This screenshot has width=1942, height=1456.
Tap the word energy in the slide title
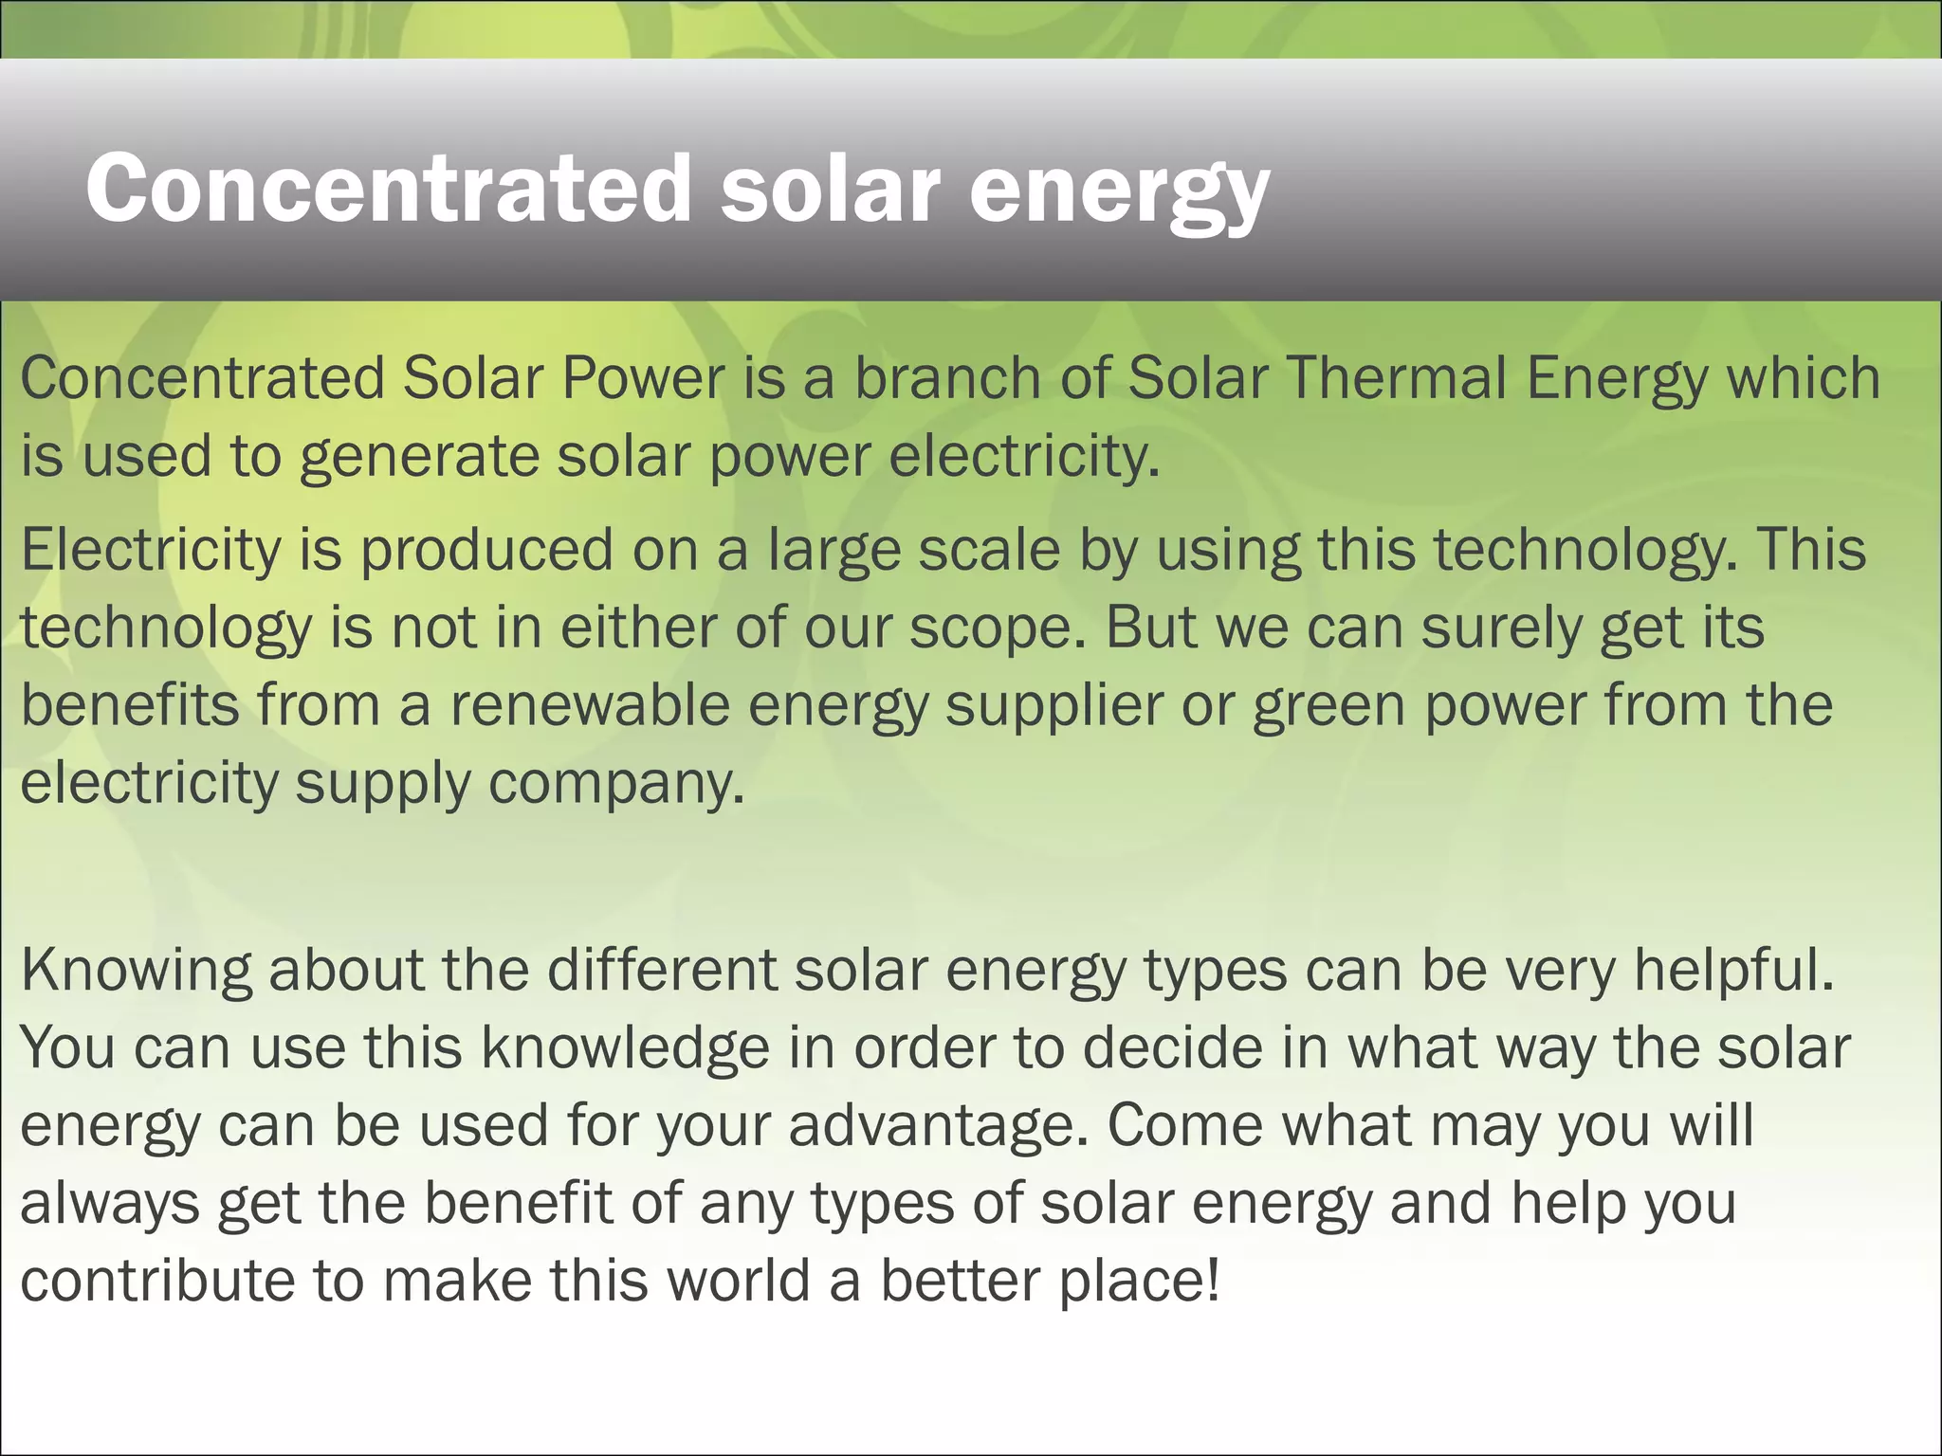pyautogui.click(x=1119, y=194)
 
